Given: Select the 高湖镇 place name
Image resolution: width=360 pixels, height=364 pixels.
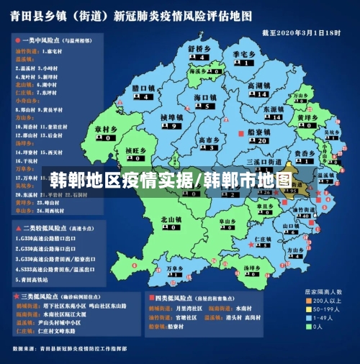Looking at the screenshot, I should point(258,86).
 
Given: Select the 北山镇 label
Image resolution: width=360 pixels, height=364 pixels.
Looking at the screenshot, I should point(171,219).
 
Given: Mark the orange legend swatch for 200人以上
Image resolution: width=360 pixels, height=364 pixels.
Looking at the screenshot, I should point(305,300).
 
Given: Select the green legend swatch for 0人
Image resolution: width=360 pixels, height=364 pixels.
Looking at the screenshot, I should point(305,326).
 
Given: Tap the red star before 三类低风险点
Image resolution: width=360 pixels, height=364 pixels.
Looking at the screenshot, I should point(15,296).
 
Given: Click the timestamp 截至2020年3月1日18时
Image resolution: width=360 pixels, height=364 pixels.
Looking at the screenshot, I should point(300,33).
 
